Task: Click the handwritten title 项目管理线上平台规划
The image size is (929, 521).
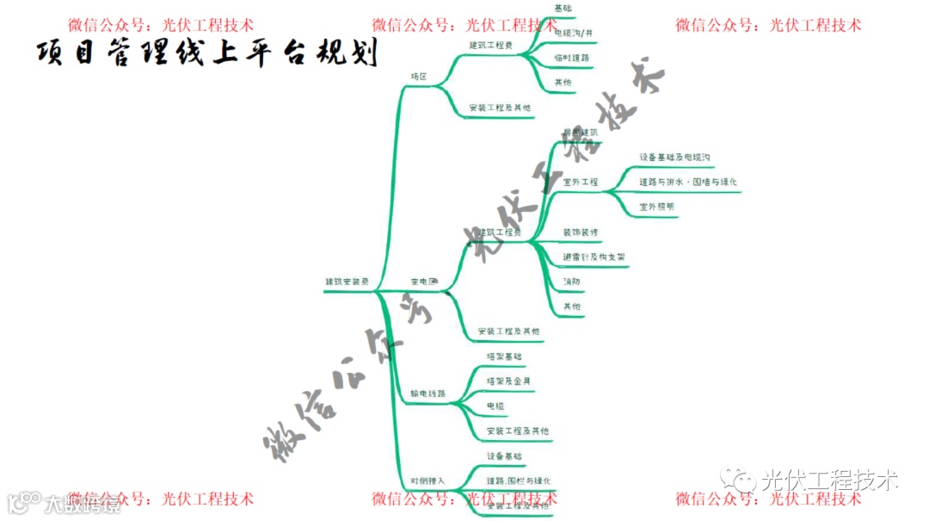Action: pos(207,53)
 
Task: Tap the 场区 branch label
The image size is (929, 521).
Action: pos(419,77)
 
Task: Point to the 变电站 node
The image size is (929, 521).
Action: pos(423,282)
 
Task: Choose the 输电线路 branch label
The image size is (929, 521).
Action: pos(428,394)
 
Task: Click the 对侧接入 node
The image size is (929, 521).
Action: pos(428,480)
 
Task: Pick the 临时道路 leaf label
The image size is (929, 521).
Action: pos(573,57)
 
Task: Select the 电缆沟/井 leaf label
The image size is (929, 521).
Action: pos(573,33)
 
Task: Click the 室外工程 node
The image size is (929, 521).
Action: pos(580,183)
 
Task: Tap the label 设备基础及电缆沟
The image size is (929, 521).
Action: pos(674,158)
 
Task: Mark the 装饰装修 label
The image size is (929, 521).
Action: pos(581,233)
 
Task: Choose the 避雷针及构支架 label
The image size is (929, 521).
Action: pos(594,257)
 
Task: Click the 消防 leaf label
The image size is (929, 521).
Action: pos(571,282)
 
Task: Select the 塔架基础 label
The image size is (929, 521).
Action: pos(503,356)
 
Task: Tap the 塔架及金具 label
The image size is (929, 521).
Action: pos(508,381)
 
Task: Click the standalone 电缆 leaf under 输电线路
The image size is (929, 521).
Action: pos(495,406)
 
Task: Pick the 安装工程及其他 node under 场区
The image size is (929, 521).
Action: pos(500,109)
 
